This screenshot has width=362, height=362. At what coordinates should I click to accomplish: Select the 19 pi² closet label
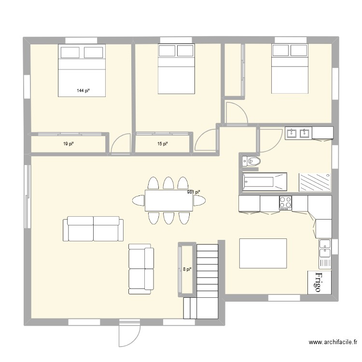(68, 144)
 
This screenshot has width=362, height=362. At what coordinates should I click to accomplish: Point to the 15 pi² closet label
(162, 144)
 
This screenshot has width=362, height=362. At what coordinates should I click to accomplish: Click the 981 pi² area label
(193, 192)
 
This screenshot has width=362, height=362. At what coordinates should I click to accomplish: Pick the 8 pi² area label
(187, 269)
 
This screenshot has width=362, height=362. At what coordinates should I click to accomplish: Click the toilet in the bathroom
(251, 161)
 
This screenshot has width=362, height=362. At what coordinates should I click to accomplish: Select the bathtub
(264, 182)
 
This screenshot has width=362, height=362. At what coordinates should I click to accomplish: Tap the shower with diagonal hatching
(315, 182)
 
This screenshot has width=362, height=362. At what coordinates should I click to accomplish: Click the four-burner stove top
(285, 203)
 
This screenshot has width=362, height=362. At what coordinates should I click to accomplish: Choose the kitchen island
(263, 253)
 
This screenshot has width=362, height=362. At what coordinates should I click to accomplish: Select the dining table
(168, 200)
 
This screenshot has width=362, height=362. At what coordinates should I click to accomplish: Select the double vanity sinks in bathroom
(298, 133)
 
